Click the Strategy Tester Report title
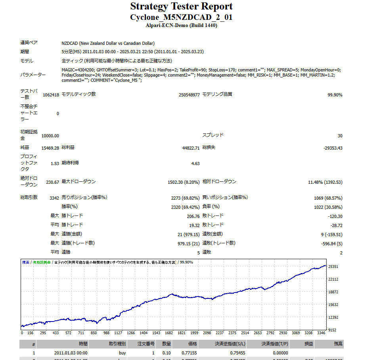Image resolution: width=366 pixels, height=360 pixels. (x=181, y=7)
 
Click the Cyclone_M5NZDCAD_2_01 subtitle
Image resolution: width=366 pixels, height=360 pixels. (x=181, y=17)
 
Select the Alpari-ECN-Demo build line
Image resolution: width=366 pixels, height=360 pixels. (x=181, y=25)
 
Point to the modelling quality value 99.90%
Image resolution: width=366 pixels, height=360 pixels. (x=335, y=95)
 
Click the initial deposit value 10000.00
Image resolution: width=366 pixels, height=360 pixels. (x=50, y=136)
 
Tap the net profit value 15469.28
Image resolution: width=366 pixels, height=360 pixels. (x=50, y=148)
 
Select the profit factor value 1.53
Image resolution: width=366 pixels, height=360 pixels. (x=55, y=164)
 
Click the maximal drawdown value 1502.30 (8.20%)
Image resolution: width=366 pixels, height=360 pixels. (x=184, y=182)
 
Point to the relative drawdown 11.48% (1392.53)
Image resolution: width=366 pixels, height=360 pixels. (x=325, y=182)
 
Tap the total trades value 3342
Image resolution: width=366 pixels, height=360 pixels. (x=54, y=198)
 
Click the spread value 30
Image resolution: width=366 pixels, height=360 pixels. (x=340, y=136)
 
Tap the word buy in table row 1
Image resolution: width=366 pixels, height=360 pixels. (x=123, y=352)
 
